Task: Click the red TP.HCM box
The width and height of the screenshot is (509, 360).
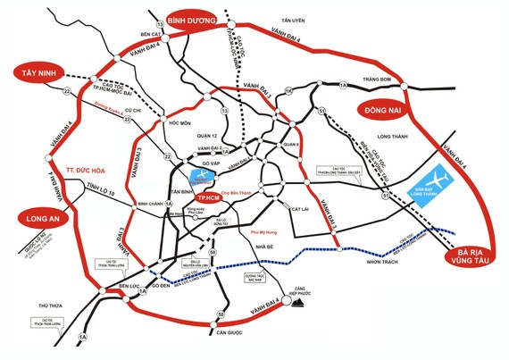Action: tap(208, 196)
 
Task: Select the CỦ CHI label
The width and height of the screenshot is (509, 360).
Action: tap(133, 111)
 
